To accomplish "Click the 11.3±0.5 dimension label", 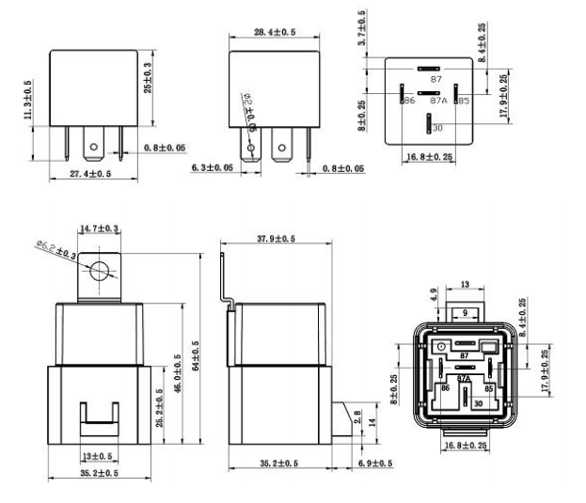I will pyautogui.click(x=28, y=100).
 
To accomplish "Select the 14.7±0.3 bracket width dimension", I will pyautogui.click(x=99, y=229).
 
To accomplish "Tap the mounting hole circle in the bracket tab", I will pyautogui.click(x=100, y=273).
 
